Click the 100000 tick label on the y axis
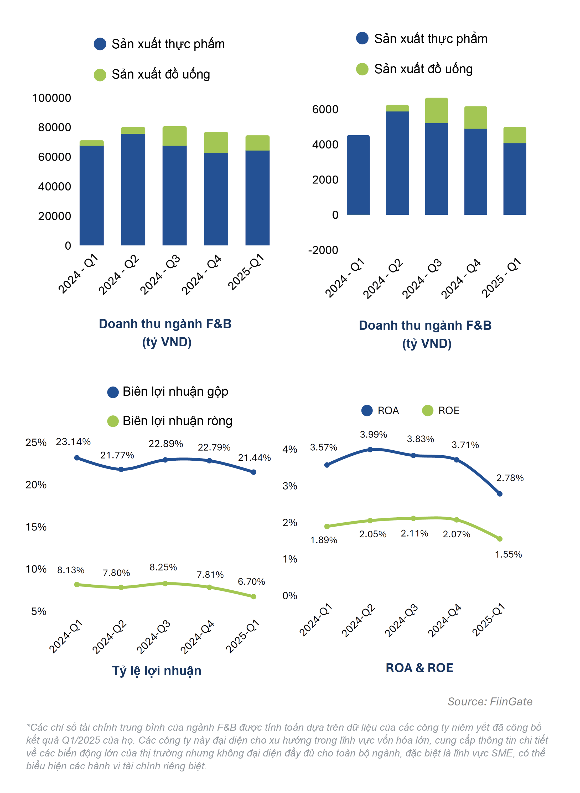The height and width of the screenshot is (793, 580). click(x=51, y=98)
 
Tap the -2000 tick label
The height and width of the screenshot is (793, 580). click(x=323, y=250)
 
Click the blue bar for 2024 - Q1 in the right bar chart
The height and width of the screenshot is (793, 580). click(x=358, y=175)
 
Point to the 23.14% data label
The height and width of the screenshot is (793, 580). click(x=73, y=442)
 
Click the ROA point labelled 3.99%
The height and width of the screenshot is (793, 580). click(x=370, y=450)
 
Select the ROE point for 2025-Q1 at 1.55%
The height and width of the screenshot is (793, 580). click(x=500, y=539)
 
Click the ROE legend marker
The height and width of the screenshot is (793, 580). click(x=428, y=410)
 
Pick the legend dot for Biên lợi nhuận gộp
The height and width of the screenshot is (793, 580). click(x=113, y=392)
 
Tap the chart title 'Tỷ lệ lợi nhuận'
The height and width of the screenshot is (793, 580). click(x=157, y=671)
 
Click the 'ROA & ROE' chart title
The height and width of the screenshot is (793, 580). click(x=419, y=668)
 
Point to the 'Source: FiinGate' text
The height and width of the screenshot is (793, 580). click(x=490, y=702)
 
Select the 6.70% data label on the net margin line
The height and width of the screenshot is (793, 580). click(x=251, y=581)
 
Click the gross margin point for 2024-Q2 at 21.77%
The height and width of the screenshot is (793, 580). click(x=121, y=470)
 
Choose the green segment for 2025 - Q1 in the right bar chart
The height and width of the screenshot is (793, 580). click(x=515, y=135)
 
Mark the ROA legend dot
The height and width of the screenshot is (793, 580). click(x=367, y=410)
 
